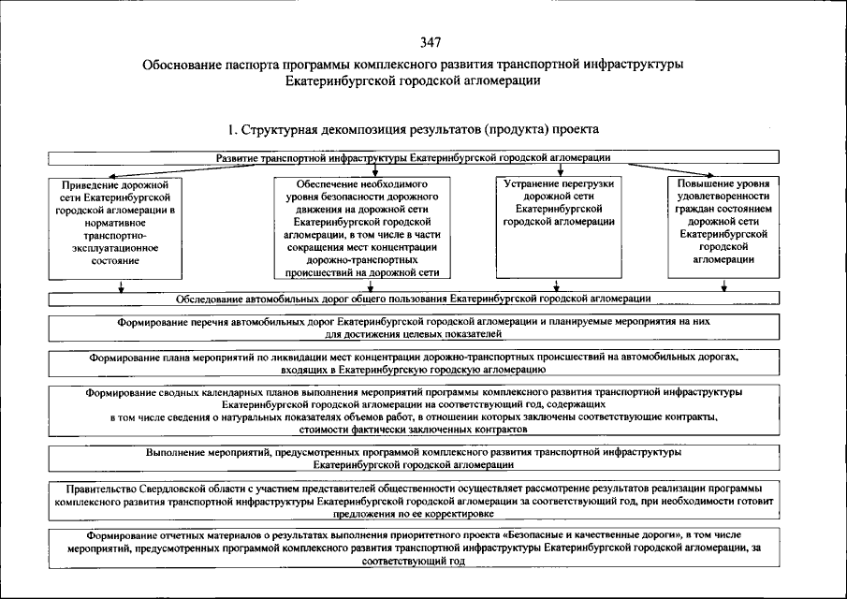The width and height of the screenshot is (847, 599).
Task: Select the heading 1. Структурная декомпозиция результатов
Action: [413, 127]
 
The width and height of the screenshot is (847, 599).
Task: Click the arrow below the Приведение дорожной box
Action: [122, 287]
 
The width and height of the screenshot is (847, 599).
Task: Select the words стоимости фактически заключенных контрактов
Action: [413, 428]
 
